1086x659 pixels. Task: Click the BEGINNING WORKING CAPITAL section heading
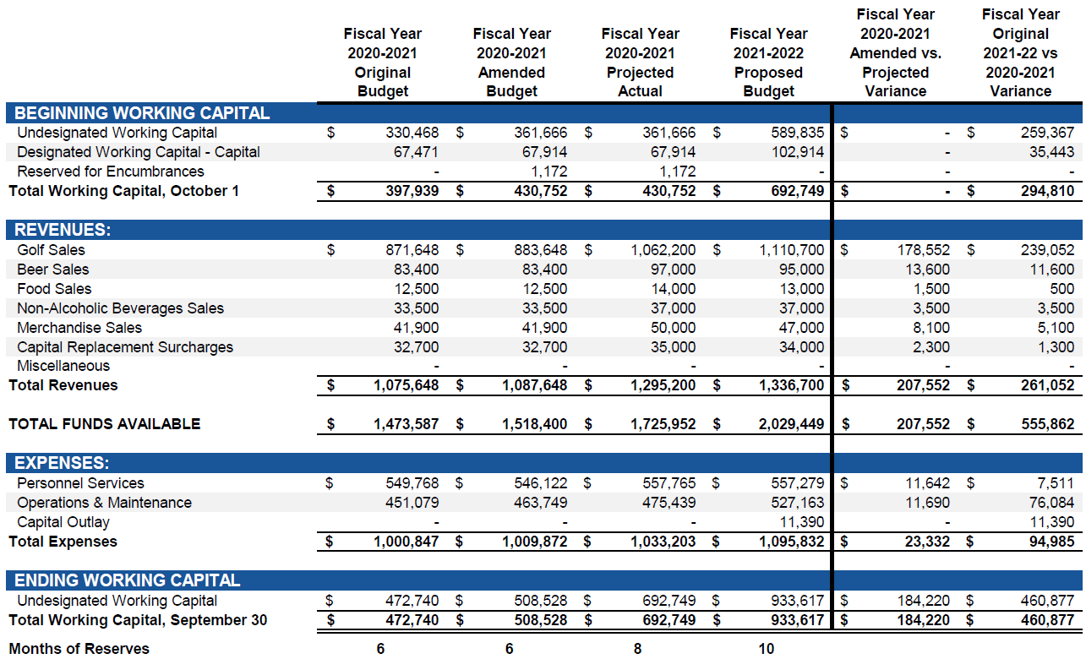[142, 113]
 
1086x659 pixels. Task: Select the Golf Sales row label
[51, 250]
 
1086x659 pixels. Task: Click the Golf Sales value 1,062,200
[663, 250]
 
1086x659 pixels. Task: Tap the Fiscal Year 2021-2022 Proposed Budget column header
[768, 63]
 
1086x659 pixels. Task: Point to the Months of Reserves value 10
[766, 649]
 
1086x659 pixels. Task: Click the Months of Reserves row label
[79, 649]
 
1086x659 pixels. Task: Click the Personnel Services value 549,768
[407, 483]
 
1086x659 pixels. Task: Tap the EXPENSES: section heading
[62, 464]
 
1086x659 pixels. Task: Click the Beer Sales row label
[52, 270]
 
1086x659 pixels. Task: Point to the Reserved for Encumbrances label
[110, 172]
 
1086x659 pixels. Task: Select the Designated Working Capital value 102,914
[797, 152]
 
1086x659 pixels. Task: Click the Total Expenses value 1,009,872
[535, 542]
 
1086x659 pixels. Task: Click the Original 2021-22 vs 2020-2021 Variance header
[1020, 53]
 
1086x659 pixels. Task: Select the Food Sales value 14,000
[673, 289]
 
